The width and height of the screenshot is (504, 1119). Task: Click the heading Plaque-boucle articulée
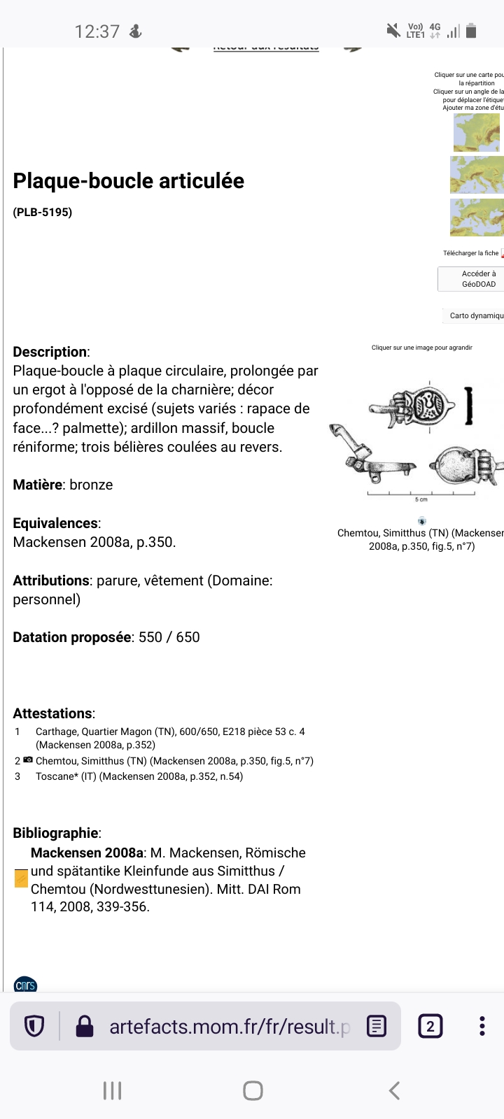(129, 181)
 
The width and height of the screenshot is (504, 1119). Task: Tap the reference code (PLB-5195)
(43, 212)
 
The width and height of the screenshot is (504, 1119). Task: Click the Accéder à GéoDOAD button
(478, 279)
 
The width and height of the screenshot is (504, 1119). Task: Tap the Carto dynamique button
(476, 315)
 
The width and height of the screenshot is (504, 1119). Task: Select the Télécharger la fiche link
(470, 253)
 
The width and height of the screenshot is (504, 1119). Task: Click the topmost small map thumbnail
(477, 133)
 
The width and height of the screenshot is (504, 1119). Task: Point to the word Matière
(38, 485)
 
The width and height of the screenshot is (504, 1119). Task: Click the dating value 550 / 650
(169, 637)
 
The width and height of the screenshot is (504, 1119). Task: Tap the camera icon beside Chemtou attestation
(28, 760)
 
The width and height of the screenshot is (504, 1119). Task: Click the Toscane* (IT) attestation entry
(139, 776)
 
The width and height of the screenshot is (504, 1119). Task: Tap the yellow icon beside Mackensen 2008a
(22, 878)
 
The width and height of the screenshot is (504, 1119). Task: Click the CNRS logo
(25, 985)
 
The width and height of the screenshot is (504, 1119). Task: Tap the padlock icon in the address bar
(85, 1027)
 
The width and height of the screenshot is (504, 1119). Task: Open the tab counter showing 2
(430, 1027)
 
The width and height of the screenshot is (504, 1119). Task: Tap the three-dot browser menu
(482, 1026)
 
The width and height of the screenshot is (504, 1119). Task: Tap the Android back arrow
(394, 1090)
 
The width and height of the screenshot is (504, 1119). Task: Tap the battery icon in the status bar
(471, 31)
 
